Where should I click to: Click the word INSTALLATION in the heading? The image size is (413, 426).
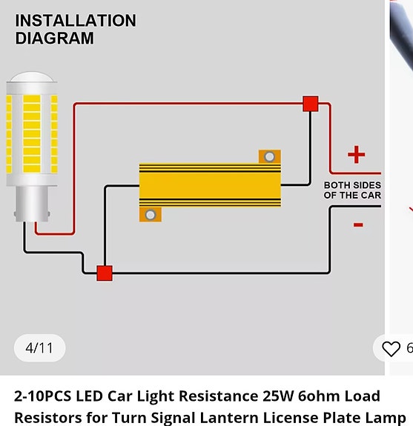tap(76, 21)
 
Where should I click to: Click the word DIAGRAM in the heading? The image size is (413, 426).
tap(55, 38)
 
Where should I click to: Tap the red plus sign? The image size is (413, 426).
tap(356, 154)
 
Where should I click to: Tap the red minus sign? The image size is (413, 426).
tap(358, 224)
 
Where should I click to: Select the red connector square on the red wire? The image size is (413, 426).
tap(311, 104)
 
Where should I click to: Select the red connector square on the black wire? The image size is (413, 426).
tap(105, 273)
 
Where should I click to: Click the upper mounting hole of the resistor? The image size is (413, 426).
tap(269, 157)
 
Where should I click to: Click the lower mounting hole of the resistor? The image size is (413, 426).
tap(151, 215)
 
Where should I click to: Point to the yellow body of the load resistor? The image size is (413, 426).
tap(210, 185)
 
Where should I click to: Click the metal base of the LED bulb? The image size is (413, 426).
tap(32, 204)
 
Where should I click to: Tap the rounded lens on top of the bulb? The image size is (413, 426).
tap(32, 76)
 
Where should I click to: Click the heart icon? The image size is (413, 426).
tap(391, 348)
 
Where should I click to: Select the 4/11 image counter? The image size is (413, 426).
tap(39, 348)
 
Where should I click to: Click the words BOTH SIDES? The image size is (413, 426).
tap(352, 185)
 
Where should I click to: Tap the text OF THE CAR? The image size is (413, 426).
tap(352, 196)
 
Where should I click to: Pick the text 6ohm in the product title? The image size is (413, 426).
tap(319, 396)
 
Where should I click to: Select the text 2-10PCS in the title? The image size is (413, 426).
tap(43, 396)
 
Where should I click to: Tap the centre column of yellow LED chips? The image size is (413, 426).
tap(32, 133)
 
